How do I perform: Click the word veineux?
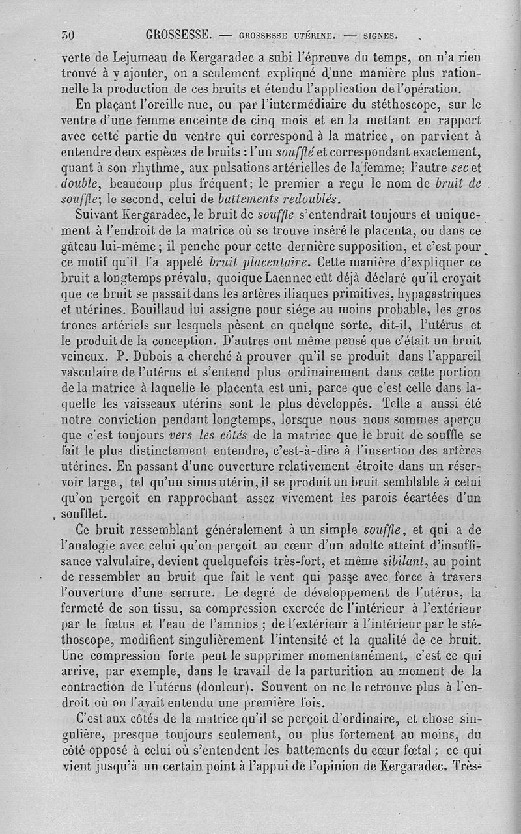pos(83,357)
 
